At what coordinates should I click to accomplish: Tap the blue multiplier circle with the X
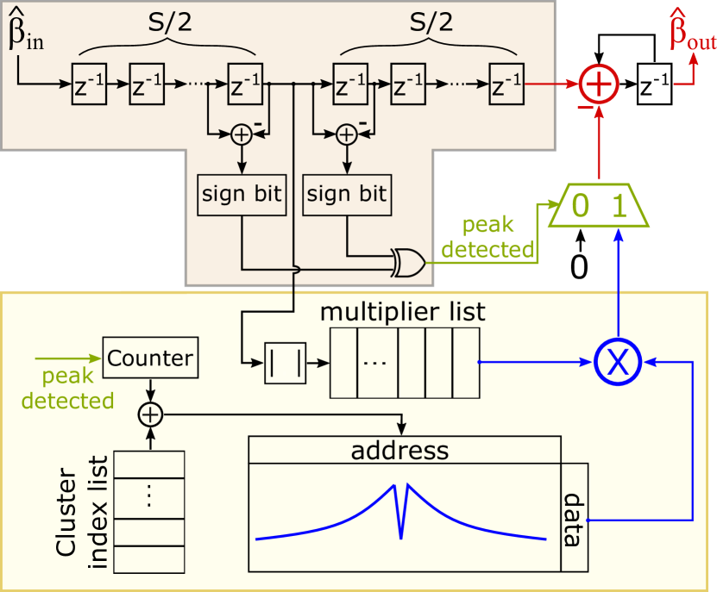point(617,363)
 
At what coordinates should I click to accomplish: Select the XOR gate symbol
point(406,263)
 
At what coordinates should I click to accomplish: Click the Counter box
point(150,357)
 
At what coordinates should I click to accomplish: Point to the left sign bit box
point(242,194)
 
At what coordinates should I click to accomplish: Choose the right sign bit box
point(347,194)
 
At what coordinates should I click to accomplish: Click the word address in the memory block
point(399,450)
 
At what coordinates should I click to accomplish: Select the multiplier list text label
point(402,311)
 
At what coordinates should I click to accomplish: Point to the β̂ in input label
point(25,31)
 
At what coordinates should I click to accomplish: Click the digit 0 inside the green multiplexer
point(582,205)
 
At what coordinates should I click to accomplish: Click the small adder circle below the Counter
point(150,414)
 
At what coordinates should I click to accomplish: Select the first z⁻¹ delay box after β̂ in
point(90,84)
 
